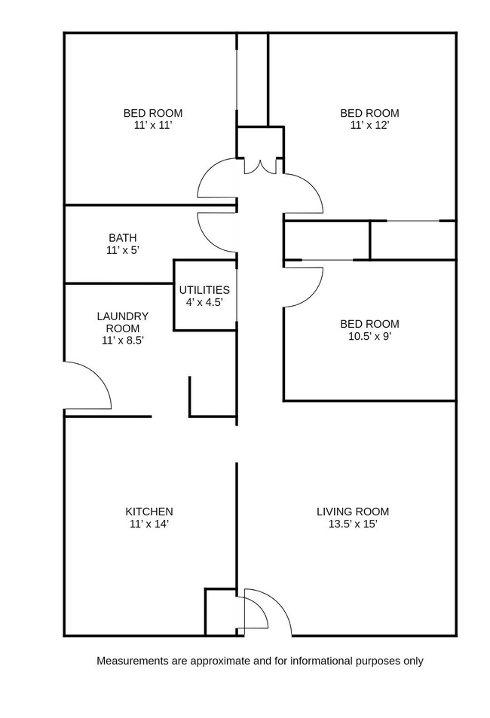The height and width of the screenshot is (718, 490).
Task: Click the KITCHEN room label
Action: pyautogui.click(x=149, y=512)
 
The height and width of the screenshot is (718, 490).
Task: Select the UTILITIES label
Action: pyautogui.click(x=204, y=289)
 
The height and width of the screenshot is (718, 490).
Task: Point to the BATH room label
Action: pyautogui.click(x=123, y=237)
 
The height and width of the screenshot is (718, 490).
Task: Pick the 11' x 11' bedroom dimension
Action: pyautogui.click(x=153, y=125)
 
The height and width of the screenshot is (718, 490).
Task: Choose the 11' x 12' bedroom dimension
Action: pyautogui.click(x=369, y=125)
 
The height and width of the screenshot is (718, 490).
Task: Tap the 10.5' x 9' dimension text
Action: pyautogui.click(x=369, y=337)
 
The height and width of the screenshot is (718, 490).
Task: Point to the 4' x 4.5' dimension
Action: pyautogui.click(x=204, y=301)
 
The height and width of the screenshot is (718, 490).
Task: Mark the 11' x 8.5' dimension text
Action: pyautogui.click(x=123, y=340)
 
